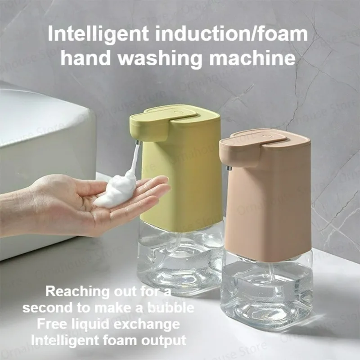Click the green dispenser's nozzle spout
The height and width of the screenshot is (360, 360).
(135, 143)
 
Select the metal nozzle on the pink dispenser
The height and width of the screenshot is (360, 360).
(229, 168)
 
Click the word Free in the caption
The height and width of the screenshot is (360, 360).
(50, 324)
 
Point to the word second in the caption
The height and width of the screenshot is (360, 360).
(49, 308)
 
